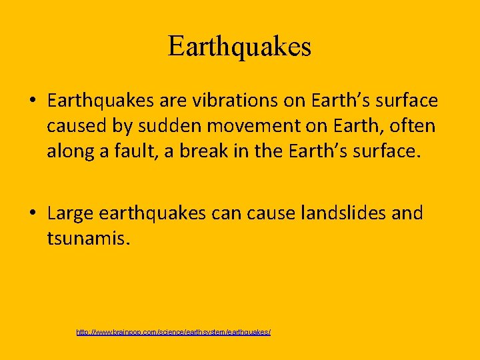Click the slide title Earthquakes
(239, 47)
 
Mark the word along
(69, 151)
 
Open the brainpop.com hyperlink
(173, 331)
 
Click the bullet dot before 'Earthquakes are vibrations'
(32, 101)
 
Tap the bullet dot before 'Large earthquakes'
(32, 214)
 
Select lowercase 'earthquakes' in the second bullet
(153, 213)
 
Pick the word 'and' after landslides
(407, 213)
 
